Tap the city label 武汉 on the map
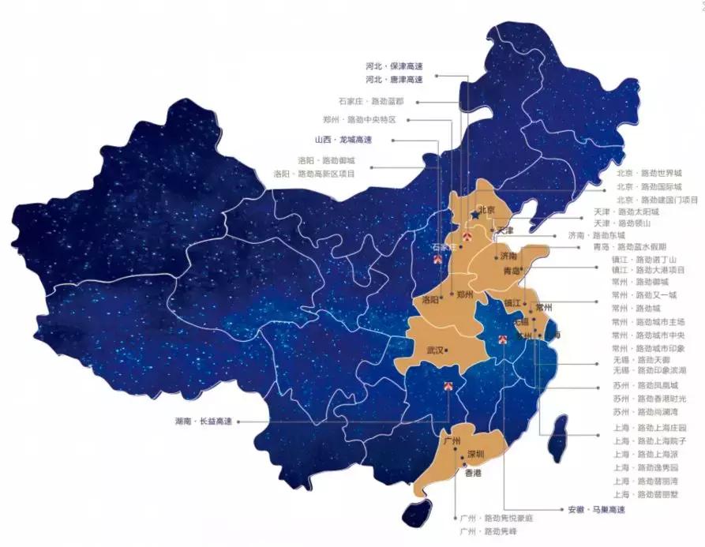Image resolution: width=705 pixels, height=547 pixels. pos(435,350)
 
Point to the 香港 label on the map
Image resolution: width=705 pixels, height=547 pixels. pos(472,474)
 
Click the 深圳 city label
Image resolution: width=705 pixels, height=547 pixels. pos(475,454)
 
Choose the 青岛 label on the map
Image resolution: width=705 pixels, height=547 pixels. pos(512,271)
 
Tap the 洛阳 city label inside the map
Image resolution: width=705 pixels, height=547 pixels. pos(430,300)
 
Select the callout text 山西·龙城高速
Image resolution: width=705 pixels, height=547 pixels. pos(343,140)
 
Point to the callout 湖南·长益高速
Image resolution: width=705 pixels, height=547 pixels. pos(204,421)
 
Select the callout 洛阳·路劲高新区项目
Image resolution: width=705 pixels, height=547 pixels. pos(314,173)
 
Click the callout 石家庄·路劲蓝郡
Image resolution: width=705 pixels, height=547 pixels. pos(371,102)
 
